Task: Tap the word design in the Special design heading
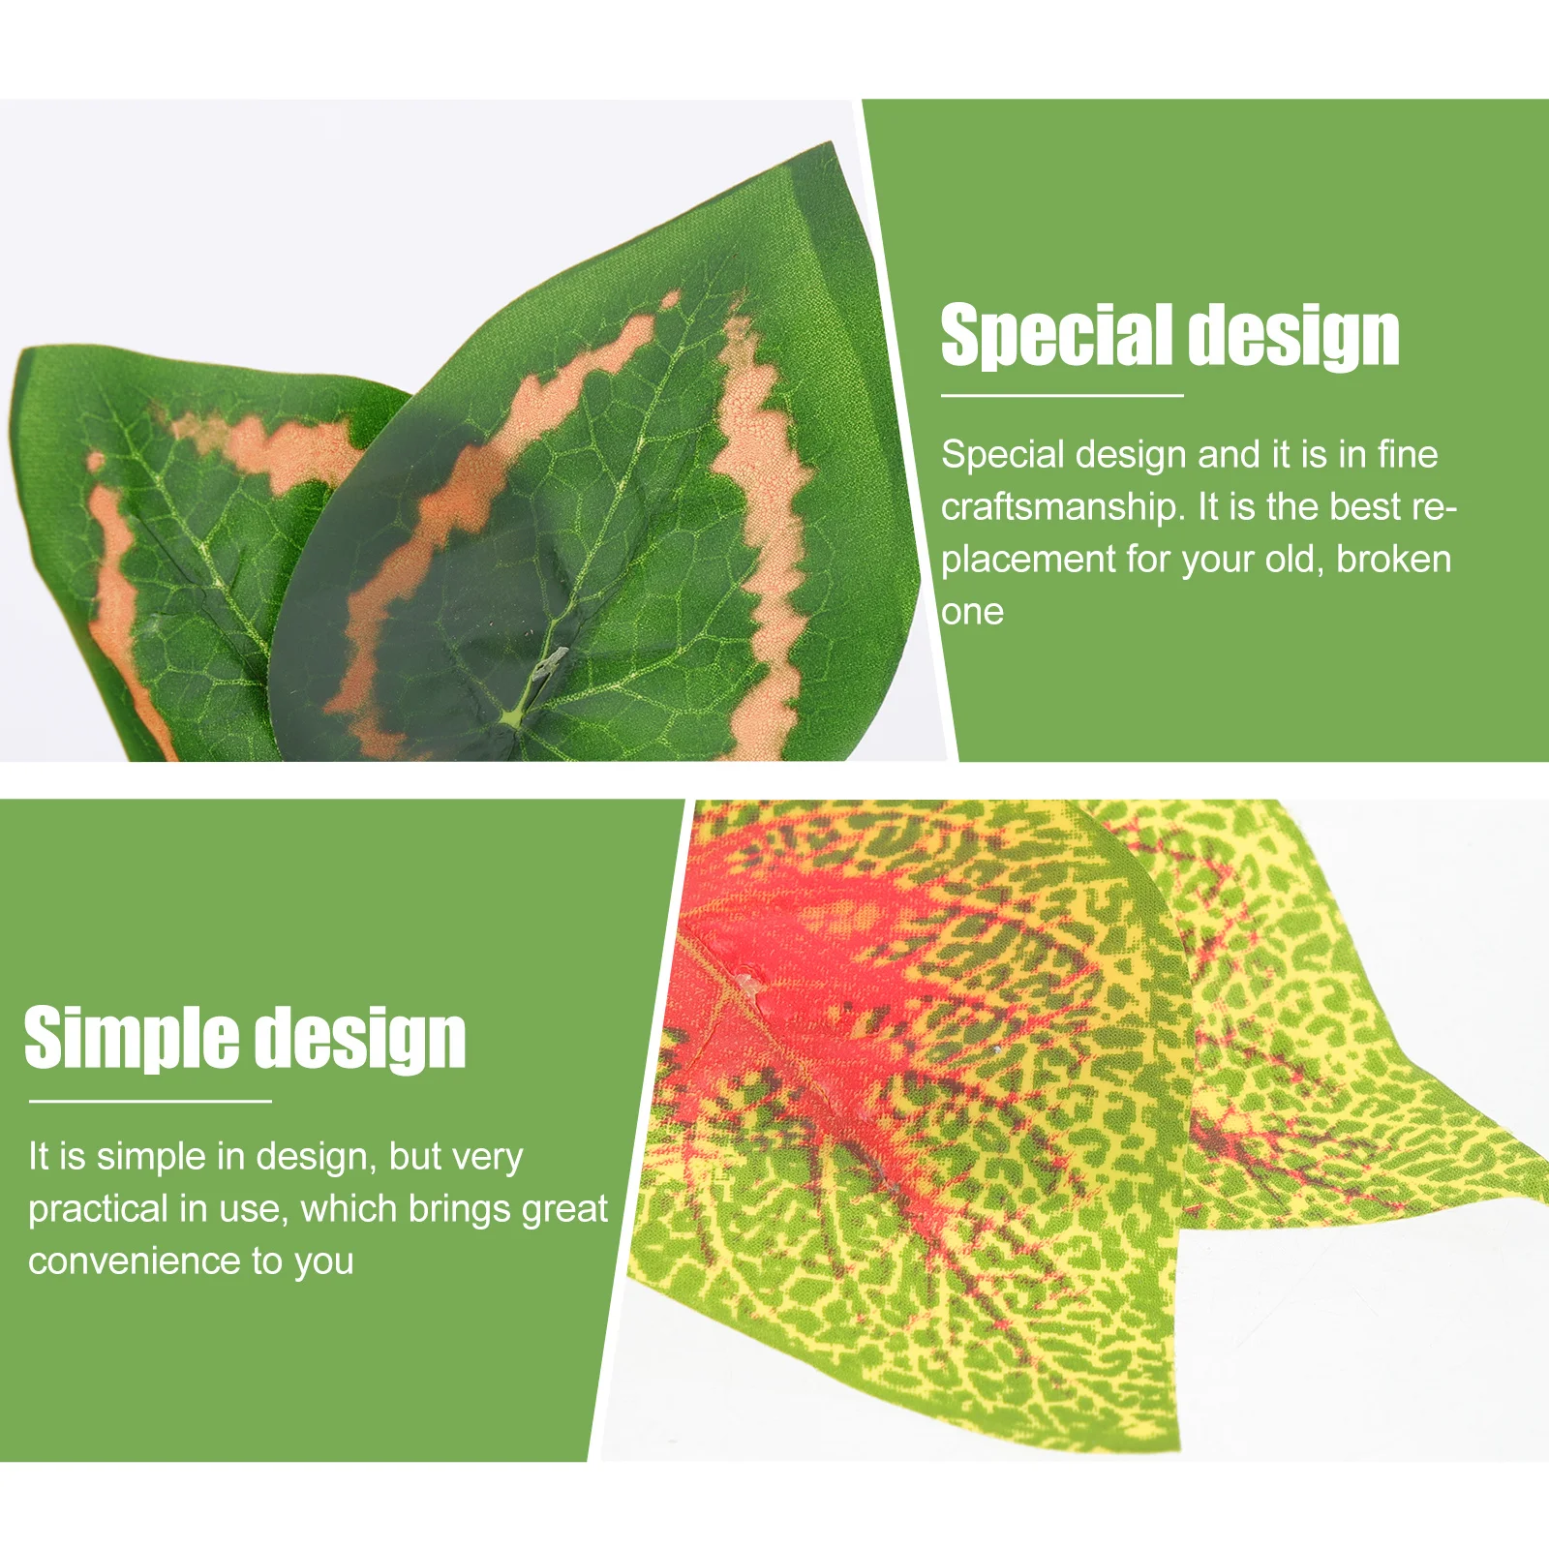1294,336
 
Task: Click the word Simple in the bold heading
131,1038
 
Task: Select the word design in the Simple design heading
366,1039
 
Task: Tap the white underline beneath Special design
1062,395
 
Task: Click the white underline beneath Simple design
150,1101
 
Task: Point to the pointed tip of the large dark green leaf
831,145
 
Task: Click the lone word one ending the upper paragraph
972,612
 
